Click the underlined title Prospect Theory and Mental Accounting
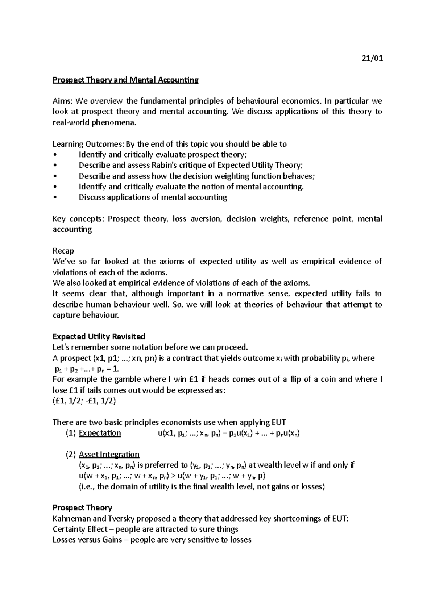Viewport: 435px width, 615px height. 125,80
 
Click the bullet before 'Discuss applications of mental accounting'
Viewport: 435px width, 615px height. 55,197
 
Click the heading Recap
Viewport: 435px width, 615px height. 63,251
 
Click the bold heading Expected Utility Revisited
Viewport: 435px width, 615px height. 99,336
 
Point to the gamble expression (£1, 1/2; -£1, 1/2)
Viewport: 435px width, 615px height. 84,401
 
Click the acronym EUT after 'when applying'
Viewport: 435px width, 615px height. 278,422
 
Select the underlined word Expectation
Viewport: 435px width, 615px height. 100,433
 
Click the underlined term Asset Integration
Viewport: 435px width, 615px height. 109,455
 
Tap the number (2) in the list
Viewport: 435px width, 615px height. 71,455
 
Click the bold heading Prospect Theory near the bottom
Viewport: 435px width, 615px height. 82,508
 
